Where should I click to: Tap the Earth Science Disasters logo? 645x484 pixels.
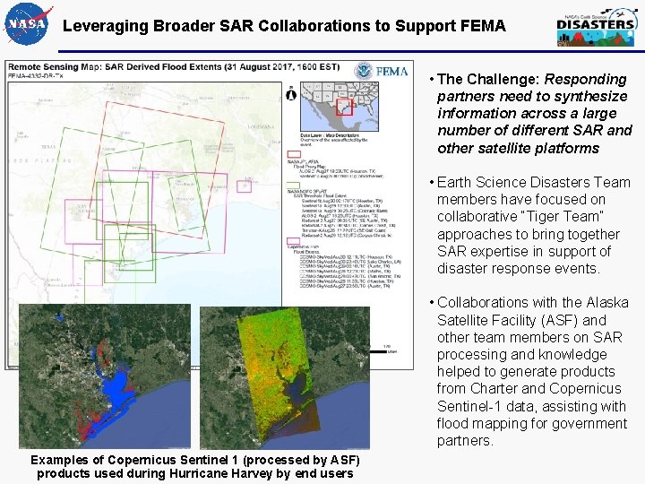pos(595,26)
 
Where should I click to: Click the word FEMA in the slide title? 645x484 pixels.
pos(484,26)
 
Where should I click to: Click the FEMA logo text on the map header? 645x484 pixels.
pos(392,71)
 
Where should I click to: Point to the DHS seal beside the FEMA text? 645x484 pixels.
pos(363,71)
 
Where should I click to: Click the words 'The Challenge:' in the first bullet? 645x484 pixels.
pos(488,79)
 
